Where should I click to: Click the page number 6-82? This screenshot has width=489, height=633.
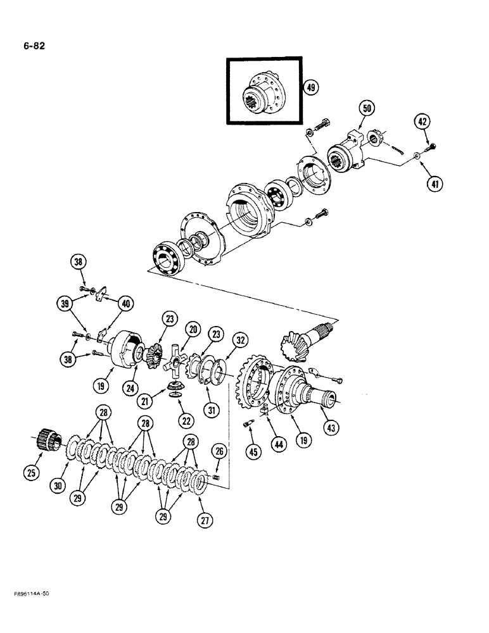(31, 46)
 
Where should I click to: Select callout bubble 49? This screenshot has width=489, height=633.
(310, 88)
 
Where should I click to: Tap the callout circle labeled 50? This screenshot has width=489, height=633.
(365, 108)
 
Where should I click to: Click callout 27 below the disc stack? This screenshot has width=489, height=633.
(205, 520)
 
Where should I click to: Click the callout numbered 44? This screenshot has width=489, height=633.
(278, 444)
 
